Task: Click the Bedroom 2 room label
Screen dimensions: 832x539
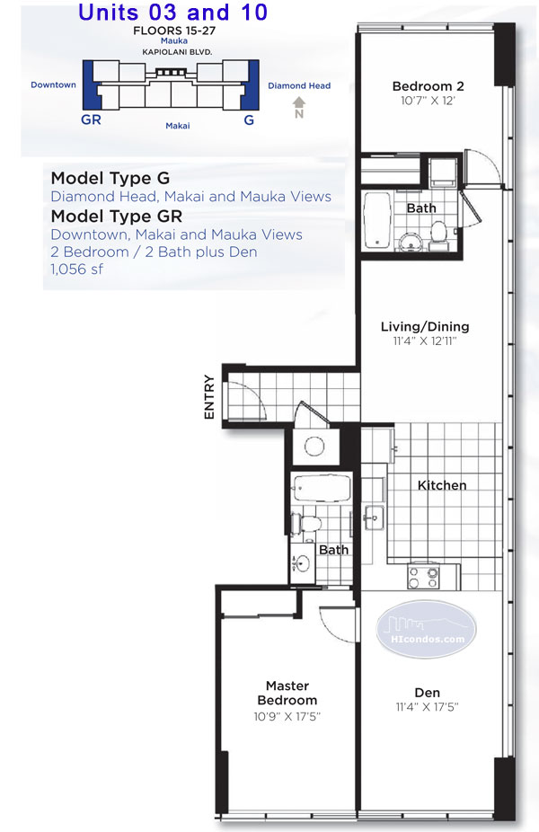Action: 427,86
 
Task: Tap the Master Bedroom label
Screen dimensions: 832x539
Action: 287,693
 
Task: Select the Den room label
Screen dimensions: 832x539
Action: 427,693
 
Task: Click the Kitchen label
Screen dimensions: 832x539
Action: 442,485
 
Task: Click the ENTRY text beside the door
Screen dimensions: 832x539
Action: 209,396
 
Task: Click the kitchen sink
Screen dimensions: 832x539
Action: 373,516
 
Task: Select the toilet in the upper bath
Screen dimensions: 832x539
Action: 439,233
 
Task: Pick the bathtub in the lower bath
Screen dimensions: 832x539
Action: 321,489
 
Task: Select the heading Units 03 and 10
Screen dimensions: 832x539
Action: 172,13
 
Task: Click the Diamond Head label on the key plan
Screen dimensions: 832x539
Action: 299,86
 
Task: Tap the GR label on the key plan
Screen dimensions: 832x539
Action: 91,119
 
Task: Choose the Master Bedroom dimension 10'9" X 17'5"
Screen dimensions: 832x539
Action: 287,717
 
